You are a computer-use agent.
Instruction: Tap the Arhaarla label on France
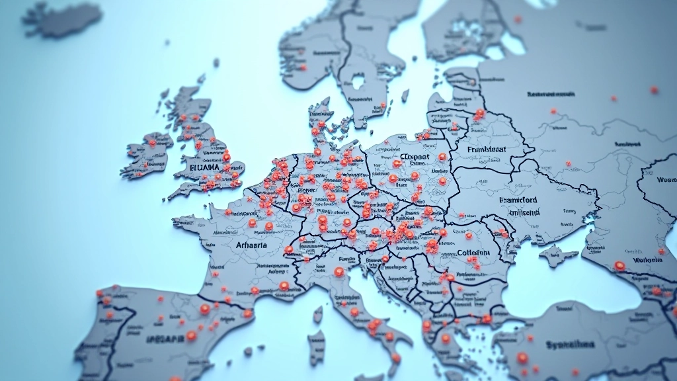tap(251, 245)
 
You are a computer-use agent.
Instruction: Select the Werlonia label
tap(648, 260)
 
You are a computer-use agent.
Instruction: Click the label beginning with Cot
tap(473, 253)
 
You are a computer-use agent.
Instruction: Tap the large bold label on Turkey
tap(570, 345)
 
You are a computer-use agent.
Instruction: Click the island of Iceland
tap(63, 19)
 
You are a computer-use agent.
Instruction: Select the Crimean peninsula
tap(557, 254)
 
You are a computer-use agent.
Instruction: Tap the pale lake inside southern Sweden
tap(358, 83)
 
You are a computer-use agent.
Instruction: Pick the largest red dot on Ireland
tap(153, 142)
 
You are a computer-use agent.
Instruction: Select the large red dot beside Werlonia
tap(619, 266)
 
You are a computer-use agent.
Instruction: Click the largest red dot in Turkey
tap(522, 358)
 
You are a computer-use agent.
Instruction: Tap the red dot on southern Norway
tap(303, 66)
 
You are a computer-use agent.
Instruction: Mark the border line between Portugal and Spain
tap(110, 331)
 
